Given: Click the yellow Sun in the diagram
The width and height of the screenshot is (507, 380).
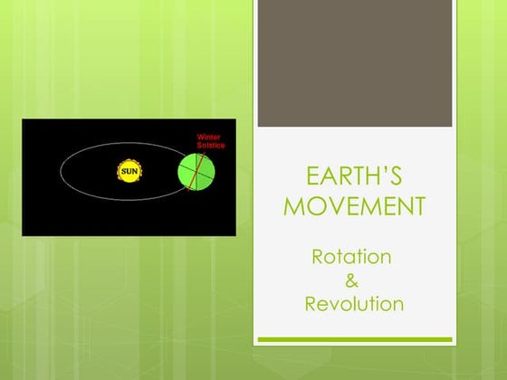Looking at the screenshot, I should [x=130, y=170].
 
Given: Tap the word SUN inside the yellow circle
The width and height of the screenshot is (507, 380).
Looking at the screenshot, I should [x=130, y=170].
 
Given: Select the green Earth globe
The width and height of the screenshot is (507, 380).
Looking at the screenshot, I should [x=196, y=172].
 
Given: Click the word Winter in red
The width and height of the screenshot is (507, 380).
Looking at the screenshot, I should [x=209, y=138].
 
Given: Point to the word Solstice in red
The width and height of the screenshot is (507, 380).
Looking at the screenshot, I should [x=211, y=145].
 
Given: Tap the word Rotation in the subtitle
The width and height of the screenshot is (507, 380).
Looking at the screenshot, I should [x=352, y=256].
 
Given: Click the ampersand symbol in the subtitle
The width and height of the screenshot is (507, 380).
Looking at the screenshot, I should [x=352, y=280].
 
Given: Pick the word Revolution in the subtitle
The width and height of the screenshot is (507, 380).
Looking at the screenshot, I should [x=354, y=303].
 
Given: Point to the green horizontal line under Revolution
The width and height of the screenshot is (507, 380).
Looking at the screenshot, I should [x=355, y=339].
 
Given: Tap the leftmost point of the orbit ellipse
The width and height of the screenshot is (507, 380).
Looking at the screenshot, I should [x=62, y=169].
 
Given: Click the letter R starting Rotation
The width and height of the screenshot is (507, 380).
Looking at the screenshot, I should [x=318, y=256].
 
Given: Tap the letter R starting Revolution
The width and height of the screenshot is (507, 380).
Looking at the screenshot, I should [x=311, y=303].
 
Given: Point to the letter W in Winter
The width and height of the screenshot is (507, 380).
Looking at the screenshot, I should [x=200, y=138].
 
